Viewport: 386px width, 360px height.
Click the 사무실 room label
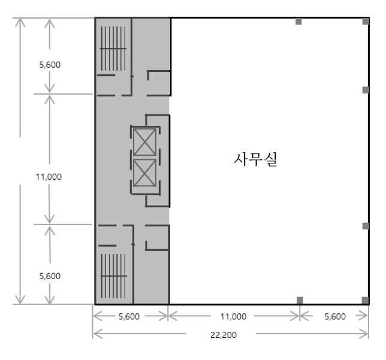tap(255, 159)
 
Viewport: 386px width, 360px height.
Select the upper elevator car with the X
tap(144, 142)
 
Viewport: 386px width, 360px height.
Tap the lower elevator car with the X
tap(144, 173)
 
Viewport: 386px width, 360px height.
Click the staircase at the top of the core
tap(113, 49)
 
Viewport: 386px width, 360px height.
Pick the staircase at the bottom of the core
tap(113, 276)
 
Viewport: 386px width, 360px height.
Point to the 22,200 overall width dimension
tap(224, 335)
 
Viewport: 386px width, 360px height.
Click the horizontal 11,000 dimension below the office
tap(233, 316)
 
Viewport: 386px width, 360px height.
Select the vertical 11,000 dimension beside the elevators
tap(49, 177)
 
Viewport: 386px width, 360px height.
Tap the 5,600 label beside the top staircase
tap(50, 65)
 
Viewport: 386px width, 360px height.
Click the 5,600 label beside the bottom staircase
tap(50, 276)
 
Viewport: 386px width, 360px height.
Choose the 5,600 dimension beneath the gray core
tap(129, 316)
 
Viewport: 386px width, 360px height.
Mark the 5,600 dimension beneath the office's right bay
tap(335, 316)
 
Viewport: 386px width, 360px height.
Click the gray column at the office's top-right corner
tap(366, 21)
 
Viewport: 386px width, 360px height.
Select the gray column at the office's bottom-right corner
tap(366, 300)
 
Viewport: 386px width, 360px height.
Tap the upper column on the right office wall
tap(366, 90)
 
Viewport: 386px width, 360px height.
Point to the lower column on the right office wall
tap(366, 226)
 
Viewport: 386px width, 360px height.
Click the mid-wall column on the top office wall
tap(298, 21)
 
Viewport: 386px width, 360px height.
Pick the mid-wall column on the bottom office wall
tap(300, 300)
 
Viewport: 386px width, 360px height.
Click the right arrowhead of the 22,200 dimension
tap(364, 334)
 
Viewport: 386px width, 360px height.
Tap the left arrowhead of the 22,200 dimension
tap(97, 334)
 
